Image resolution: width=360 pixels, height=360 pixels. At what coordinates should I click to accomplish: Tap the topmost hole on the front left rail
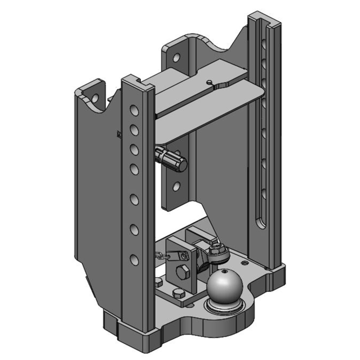[x=134, y=110]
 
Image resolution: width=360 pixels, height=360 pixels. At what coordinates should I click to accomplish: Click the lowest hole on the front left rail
[x=134, y=259]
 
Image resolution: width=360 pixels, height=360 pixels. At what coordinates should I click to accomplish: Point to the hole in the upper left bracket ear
[x=95, y=97]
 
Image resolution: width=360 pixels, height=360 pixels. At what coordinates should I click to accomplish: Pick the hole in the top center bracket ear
[x=177, y=58]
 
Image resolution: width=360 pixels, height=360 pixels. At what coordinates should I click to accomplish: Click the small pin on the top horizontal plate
[x=210, y=81]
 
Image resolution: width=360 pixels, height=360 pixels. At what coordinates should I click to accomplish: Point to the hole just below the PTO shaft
[x=176, y=185]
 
